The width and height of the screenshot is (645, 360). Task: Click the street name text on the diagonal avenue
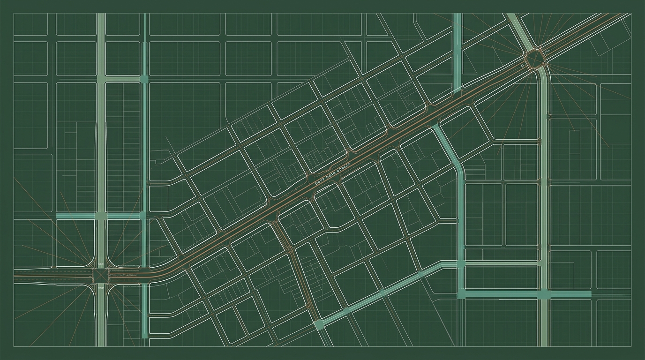pos(333,175)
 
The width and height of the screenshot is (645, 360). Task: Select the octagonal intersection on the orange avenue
pos(534,59)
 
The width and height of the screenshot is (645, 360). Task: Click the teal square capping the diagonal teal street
pos(319,324)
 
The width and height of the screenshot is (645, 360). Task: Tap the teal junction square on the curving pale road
pos(543,294)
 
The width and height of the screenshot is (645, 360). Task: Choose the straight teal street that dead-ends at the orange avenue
pos(457,52)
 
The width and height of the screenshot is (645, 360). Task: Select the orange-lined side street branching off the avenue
pos(293,262)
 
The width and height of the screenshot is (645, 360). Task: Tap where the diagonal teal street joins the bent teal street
pos(461,265)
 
